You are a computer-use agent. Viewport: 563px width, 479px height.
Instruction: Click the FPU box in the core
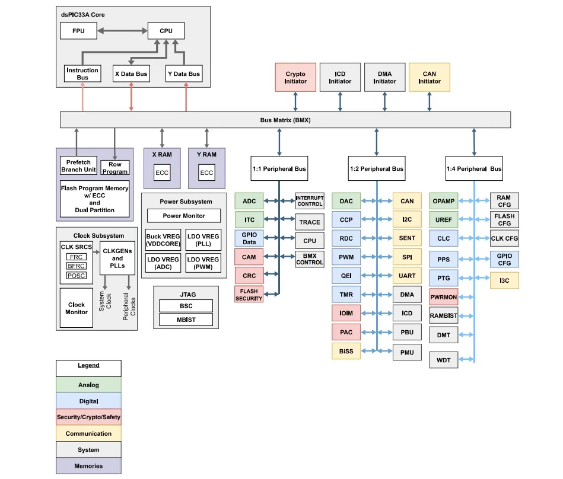pos(78,31)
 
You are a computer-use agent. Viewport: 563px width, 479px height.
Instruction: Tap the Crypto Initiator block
pos(295,78)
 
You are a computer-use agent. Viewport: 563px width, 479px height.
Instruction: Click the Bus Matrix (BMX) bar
pos(285,120)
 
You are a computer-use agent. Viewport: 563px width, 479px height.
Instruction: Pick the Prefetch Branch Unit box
pos(78,166)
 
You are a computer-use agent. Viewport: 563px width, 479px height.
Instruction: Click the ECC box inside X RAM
pos(162,173)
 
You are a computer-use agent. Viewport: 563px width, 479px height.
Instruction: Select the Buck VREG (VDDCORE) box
pos(163,239)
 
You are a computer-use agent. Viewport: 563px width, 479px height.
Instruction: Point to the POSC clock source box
pos(76,276)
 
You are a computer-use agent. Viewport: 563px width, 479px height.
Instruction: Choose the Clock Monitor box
pos(77,308)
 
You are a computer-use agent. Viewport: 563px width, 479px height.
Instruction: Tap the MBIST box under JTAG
pos(186,320)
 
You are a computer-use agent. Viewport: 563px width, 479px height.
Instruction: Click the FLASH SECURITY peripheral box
pos(249,295)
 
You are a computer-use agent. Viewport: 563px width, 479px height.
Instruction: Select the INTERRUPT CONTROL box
pos(310,200)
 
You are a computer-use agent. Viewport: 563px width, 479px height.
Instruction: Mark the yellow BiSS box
pos(346,351)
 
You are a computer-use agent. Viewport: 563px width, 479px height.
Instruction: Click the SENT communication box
pos(407,238)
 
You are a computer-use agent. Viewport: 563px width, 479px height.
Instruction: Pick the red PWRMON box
pos(444,297)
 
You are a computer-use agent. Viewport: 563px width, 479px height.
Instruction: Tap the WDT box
pos(444,360)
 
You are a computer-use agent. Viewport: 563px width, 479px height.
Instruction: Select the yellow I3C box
pos(504,280)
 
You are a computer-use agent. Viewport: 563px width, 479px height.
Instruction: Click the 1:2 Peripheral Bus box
pos(376,169)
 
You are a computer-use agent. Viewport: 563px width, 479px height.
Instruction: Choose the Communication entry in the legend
pos(88,433)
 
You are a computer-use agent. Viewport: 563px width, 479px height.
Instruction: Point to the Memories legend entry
pos(88,466)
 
